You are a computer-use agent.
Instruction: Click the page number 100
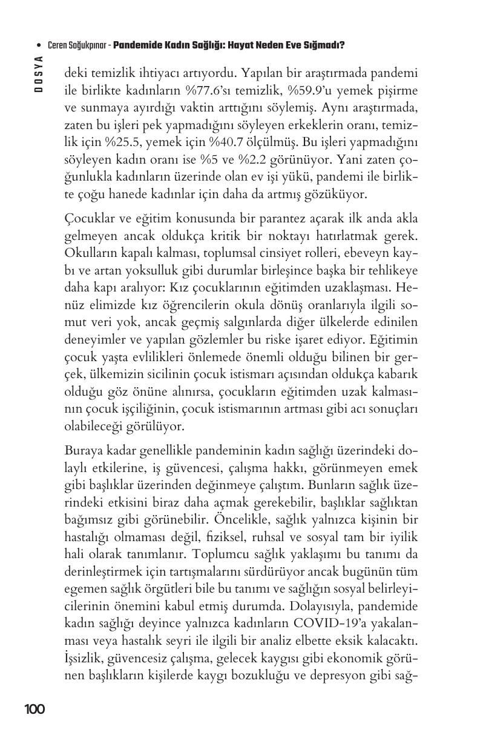tap(34, 708)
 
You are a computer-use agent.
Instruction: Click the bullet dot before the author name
tap(39, 45)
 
